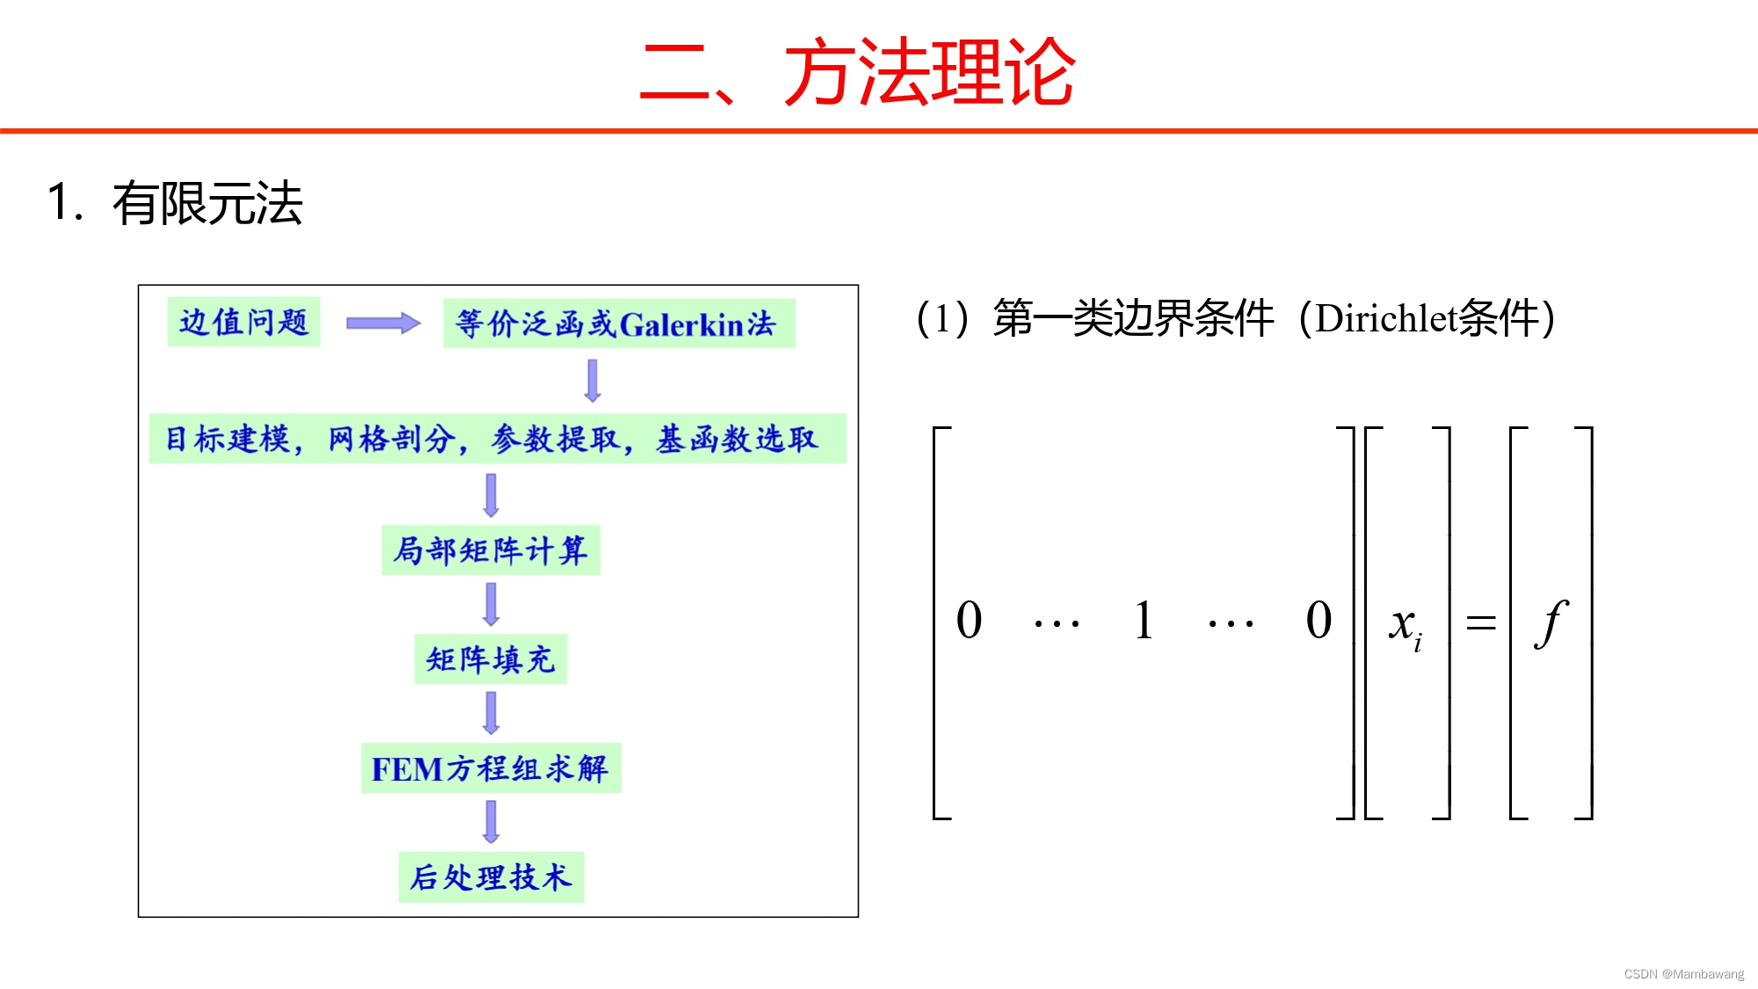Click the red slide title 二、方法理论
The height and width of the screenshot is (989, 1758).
[x=858, y=72]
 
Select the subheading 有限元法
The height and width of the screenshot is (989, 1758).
[x=207, y=203]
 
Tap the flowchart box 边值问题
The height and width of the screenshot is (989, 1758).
[x=243, y=322]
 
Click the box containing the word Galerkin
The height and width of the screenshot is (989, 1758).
[x=619, y=324]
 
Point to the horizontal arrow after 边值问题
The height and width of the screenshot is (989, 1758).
[x=382, y=324]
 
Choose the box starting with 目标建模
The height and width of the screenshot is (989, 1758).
[x=497, y=438]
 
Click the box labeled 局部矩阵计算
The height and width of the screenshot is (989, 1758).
[x=490, y=550]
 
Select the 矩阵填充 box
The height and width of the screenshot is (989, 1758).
[x=490, y=659]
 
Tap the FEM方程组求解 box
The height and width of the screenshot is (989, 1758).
[x=490, y=768]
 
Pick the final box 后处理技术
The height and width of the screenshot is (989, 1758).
[x=490, y=876]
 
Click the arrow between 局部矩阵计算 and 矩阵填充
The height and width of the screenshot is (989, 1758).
[x=491, y=604]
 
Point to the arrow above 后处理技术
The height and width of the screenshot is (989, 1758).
[x=491, y=821]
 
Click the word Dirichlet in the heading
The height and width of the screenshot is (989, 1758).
[x=1386, y=318]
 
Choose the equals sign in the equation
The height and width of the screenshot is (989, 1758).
[x=1481, y=623]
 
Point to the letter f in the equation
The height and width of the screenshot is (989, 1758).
[x=1551, y=622]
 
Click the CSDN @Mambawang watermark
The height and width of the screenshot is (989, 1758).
[x=1683, y=974]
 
